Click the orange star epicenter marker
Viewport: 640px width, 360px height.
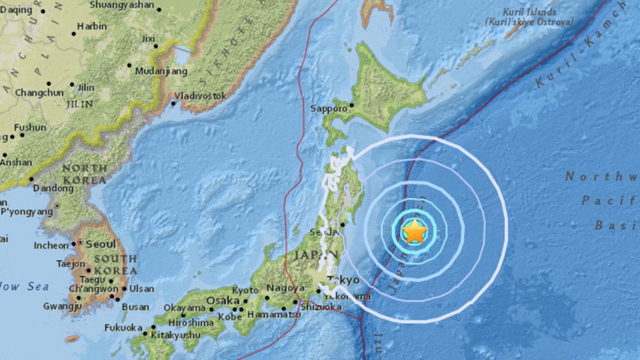(414, 232)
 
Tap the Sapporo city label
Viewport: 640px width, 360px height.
(329, 109)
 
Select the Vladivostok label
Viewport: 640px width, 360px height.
(200, 95)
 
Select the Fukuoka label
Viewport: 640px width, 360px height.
(123, 328)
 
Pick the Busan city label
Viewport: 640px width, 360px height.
(136, 307)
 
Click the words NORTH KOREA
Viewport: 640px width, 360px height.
(84, 174)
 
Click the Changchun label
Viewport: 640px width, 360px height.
(39, 92)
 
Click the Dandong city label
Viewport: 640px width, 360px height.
(53, 188)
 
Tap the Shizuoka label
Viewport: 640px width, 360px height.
(321, 307)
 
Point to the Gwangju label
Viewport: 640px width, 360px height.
(62, 307)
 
